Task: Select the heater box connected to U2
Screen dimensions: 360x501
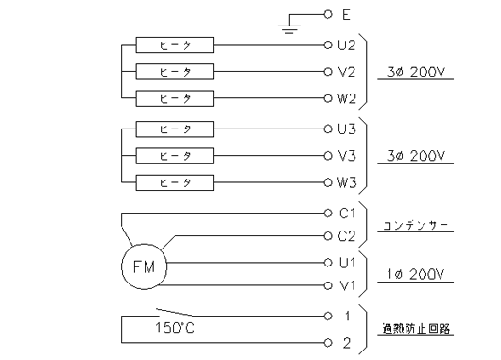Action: point(174,44)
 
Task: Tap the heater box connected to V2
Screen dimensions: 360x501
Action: point(174,71)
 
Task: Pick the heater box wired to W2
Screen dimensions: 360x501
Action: point(174,97)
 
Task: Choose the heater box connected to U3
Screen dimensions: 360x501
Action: point(174,129)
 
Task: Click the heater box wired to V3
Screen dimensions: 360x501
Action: point(174,155)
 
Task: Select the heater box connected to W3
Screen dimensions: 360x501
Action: point(174,181)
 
